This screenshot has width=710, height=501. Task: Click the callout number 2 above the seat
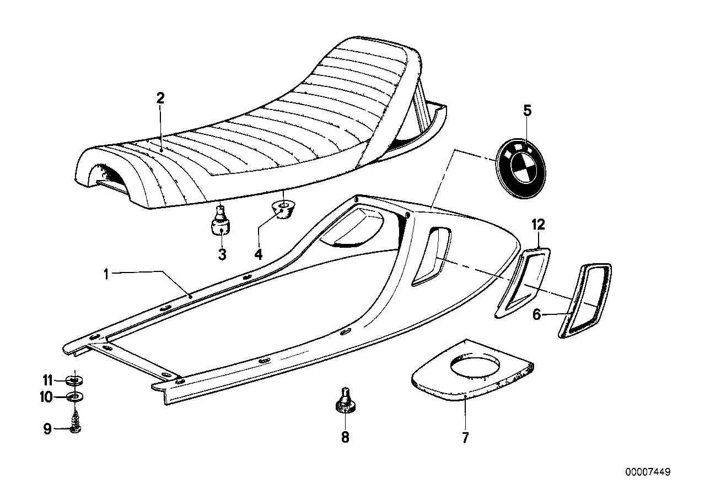[160, 98]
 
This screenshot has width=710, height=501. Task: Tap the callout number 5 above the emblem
[527, 111]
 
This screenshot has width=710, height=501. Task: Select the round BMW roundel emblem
[520, 168]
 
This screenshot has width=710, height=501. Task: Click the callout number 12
[538, 225]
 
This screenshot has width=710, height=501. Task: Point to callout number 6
[536, 314]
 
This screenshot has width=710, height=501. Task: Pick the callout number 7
[465, 438]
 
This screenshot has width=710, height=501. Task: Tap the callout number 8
[345, 437]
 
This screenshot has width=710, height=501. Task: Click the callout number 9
[47, 429]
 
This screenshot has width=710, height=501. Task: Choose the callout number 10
[46, 396]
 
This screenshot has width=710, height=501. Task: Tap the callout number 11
[47, 380]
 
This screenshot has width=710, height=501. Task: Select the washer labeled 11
[74, 380]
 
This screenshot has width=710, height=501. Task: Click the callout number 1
[106, 274]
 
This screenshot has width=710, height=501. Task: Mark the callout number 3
[222, 254]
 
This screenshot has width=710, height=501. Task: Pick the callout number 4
[259, 254]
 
